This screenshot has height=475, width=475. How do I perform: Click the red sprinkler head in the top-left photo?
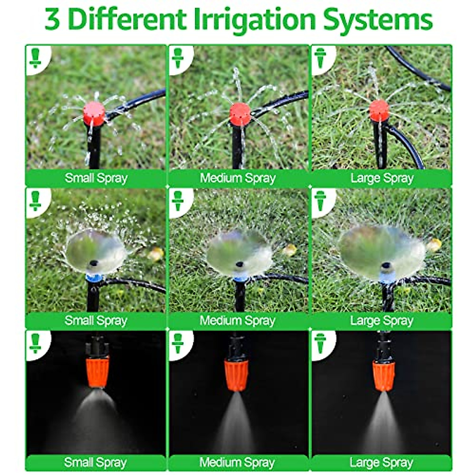94,112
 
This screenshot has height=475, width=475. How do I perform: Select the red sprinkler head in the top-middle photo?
240,114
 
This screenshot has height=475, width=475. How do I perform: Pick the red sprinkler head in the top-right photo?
379,110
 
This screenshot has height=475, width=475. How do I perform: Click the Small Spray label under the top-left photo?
96,178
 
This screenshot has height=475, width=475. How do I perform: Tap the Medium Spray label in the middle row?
237,320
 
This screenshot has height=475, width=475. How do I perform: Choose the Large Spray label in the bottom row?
381,462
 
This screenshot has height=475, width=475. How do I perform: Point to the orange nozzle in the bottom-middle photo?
236,374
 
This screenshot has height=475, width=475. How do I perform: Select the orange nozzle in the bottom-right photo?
384,375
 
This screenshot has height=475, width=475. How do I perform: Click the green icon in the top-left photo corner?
36,59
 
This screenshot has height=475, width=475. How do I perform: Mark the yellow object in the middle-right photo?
434,245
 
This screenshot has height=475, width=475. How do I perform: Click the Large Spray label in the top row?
381,178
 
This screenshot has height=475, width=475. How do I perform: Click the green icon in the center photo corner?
178,201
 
